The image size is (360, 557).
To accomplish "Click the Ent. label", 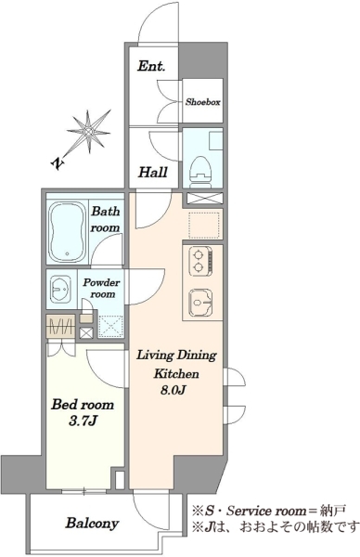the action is coord(151,66).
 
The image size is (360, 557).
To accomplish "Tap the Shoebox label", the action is coord(203,102).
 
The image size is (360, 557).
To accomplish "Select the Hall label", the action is coord(153,173).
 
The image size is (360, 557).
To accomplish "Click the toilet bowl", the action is coord(201,170).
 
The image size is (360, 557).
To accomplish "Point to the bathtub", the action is coord(68,231).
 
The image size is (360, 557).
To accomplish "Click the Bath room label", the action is coord(105,219).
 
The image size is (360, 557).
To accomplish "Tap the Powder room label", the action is coord(101,289).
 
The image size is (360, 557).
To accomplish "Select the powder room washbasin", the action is coord(61,289).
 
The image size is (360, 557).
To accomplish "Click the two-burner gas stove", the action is coord(201,261).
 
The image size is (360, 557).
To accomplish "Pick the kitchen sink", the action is coord(201,303).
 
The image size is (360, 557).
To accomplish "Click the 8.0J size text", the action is coord(174,390).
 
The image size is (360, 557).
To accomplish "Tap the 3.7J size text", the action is coord(84,421).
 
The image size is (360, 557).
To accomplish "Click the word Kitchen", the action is coord(175,374).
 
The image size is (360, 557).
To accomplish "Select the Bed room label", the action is coord(83,405).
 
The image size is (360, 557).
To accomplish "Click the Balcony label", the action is coord(92,524).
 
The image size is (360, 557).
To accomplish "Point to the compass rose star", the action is coord(88,133).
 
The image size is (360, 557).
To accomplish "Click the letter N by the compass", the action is coord(58,162).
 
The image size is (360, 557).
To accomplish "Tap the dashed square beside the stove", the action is coord(203,226).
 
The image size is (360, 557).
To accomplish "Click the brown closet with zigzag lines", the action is coord(60,326).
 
